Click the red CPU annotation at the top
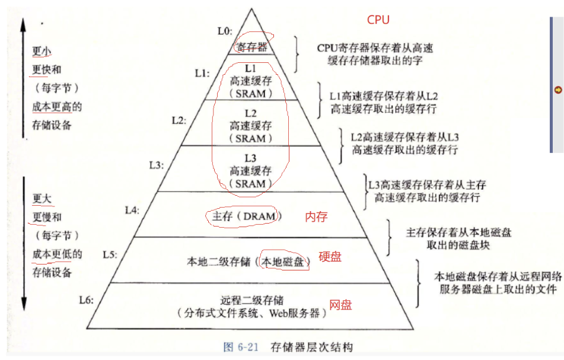point(378,20)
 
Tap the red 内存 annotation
point(316,216)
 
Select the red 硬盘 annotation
point(330,257)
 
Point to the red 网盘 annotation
point(340,305)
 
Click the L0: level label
point(225,31)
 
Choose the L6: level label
point(87,299)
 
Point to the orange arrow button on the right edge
point(557,90)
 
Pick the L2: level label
point(179,120)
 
